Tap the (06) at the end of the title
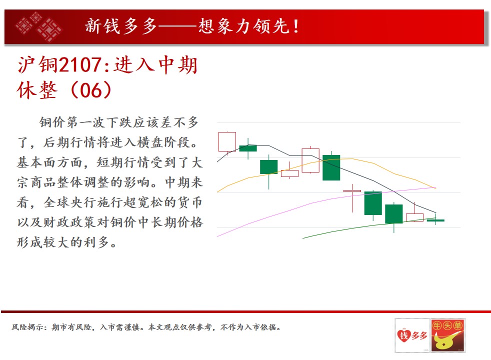coord(91,90)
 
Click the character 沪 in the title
coord(26,65)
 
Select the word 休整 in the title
coord(37,90)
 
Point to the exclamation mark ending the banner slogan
coord(296,26)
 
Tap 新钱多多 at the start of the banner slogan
coord(121,26)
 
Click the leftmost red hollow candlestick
coord(227,142)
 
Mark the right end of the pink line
coord(436,187)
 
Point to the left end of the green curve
coord(302,238)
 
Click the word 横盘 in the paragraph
coord(150,142)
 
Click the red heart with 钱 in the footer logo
coord(403,336)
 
